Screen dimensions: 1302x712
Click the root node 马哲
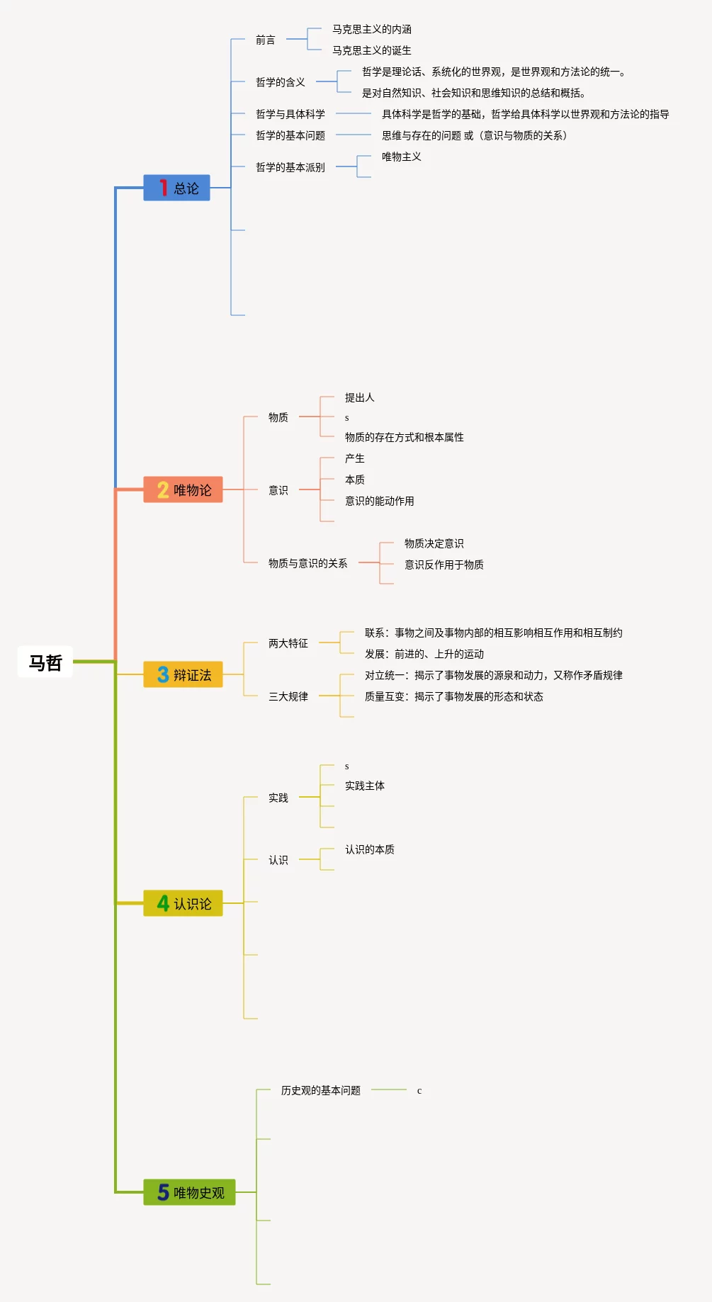coord(45,662)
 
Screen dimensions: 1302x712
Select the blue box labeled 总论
coord(176,188)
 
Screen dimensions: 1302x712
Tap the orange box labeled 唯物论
coord(183,489)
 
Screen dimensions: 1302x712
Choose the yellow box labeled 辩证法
coord(183,674)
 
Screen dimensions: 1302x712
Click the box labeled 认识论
coord(183,903)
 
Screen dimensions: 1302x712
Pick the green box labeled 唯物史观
coord(189,1192)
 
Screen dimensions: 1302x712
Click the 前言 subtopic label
coord(266,40)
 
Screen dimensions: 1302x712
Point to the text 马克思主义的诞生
coord(372,50)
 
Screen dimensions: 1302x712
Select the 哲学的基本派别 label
coord(290,167)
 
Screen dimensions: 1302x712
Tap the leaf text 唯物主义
coord(402,157)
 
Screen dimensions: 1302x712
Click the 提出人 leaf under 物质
coord(360,397)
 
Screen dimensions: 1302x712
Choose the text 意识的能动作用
coord(380,501)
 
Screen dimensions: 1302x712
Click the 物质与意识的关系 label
coord(308,563)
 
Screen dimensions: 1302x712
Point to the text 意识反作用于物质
coord(444,565)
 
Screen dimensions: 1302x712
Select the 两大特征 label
coord(288,643)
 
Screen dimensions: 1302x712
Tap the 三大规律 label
coord(288,696)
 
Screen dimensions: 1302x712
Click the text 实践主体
coord(365,786)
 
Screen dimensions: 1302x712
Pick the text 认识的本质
coord(370,849)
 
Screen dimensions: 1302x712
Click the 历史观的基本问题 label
coord(321,1090)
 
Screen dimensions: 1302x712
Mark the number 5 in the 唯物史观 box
coord(163,1192)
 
